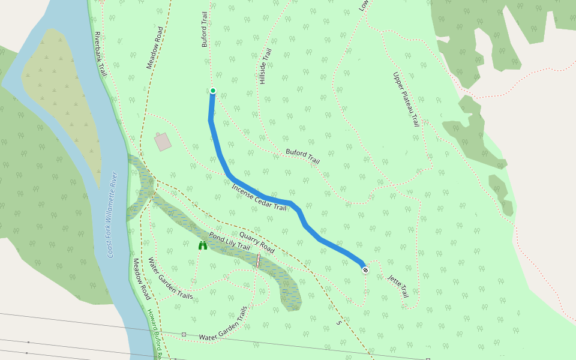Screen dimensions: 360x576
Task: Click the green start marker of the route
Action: click(x=212, y=91)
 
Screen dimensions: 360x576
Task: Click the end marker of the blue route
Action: click(x=365, y=270)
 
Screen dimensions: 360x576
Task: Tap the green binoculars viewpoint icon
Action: click(x=203, y=245)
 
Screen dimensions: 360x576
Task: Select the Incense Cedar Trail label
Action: click(x=259, y=197)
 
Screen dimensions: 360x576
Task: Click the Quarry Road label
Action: click(x=257, y=241)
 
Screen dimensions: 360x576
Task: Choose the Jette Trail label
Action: click(x=398, y=286)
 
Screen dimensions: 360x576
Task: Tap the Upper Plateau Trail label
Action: click(x=406, y=99)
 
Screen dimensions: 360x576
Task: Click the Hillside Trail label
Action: click(x=264, y=66)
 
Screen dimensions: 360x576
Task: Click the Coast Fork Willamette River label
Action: click(x=112, y=215)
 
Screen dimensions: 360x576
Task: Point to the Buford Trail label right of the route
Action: click(x=302, y=157)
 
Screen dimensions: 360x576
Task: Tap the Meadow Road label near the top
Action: click(x=155, y=47)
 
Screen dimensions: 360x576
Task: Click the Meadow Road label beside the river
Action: click(x=142, y=279)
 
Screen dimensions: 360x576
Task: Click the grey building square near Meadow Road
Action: click(x=163, y=142)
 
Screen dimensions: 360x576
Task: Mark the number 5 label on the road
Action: click(x=339, y=323)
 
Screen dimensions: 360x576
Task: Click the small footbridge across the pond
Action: click(x=258, y=260)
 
